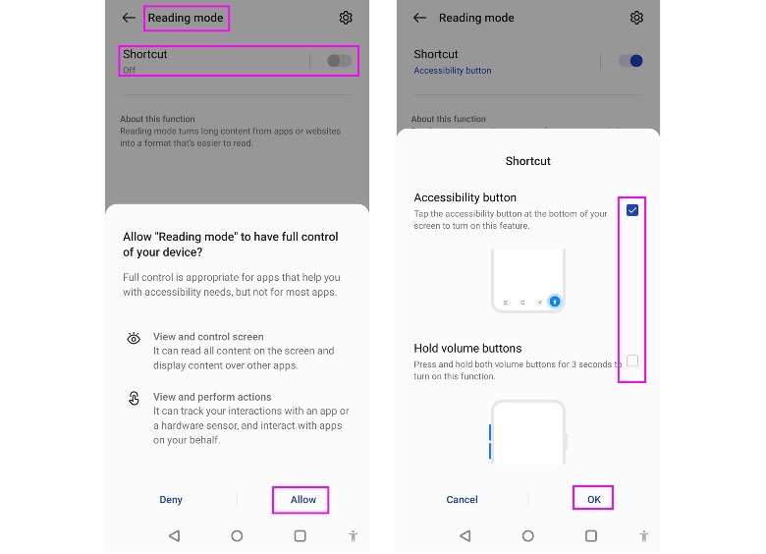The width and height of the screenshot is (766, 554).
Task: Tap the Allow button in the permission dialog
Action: point(302,499)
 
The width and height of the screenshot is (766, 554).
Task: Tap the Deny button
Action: point(171,499)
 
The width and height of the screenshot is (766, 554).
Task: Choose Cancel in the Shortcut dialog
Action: point(462,499)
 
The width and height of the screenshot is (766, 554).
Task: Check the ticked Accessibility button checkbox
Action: point(632,210)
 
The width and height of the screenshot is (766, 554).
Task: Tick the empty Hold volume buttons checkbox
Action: point(632,360)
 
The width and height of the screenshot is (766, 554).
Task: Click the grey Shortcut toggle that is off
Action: point(339,61)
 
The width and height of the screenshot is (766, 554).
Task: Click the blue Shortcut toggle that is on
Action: point(630,61)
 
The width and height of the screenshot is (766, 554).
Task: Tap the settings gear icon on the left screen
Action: point(346,18)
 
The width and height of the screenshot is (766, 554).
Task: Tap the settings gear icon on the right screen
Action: point(636,18)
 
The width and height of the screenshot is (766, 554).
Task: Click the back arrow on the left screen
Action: point(129,18)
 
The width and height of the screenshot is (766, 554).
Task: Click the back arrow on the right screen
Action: point(419,18)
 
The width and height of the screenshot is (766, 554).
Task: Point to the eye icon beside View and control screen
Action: point(134,338)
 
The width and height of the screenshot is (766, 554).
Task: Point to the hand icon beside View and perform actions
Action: point(134,398)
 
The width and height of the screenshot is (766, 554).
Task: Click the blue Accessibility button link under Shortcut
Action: point(452,71)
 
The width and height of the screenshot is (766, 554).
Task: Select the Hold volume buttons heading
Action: point(467,348)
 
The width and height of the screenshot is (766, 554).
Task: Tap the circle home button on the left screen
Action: point(237,536)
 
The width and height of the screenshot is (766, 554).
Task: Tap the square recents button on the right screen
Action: point(591,536)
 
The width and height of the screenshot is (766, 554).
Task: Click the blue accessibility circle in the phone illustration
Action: point(555,302)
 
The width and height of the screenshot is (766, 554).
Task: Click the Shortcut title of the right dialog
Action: point(527,161)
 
